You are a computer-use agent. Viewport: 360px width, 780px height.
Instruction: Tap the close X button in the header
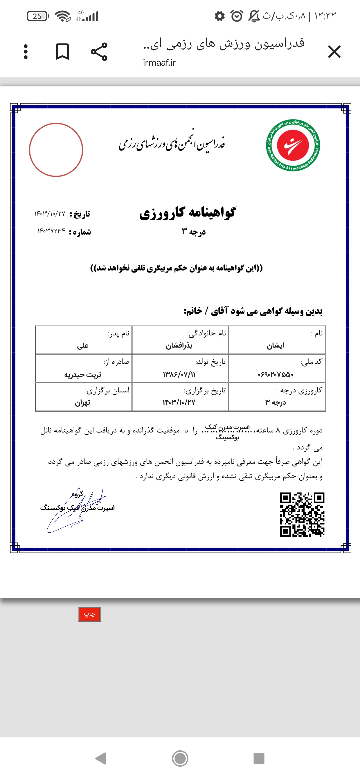click(x=334, y=52)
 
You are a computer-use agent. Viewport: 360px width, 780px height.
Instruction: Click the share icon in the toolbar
click(x=99, y=52)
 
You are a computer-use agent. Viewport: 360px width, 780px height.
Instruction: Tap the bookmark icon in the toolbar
click(x=62, y=52)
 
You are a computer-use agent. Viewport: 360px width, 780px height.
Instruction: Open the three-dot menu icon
click(x=26, y=52)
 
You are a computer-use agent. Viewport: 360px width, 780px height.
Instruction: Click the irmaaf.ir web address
click(x=159, y=63)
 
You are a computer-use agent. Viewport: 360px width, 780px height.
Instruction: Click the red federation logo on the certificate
click(x=293, y=145)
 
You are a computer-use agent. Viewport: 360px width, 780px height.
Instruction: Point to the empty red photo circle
click(x=56, y=150)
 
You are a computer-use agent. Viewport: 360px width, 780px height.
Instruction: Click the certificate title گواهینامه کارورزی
click(x=188, y=212)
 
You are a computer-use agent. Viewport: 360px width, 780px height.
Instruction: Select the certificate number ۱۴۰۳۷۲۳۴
click(x=51, y=231)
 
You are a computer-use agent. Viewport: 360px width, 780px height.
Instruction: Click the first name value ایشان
click(x=275, y=346)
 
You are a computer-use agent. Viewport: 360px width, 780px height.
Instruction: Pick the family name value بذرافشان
click(x=179, y=346)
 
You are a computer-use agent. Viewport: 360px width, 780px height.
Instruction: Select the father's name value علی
click(x=83, y=346)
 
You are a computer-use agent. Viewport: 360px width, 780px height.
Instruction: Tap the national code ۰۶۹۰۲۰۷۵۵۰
click(x=275, y=375)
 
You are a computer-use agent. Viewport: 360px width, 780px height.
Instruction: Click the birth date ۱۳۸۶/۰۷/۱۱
click(x=179, y=375)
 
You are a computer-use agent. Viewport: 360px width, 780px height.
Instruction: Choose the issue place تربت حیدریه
click(x=83, y=375)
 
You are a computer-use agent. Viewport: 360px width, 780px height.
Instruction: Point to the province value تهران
click(x=83, y=403)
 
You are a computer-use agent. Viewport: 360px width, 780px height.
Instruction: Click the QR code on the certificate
click(x=302, y=514)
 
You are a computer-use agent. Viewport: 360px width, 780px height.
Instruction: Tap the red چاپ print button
click(x=89, y=614)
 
